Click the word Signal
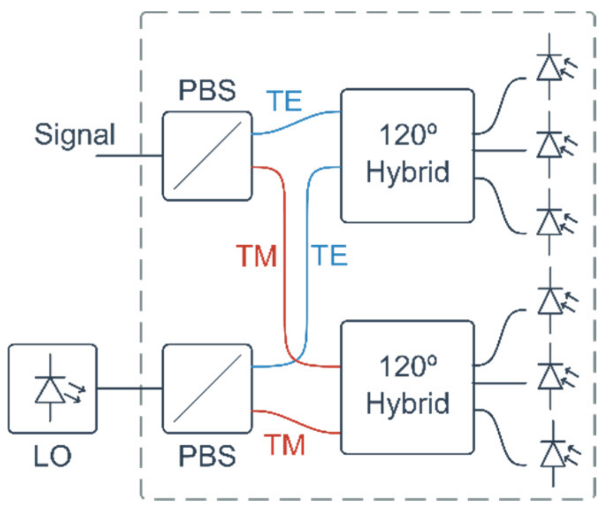pos(74,135)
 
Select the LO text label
pos(52,456)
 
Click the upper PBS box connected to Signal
pos(207,156)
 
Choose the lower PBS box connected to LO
pos(207,389)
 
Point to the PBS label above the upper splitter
pos(207,90)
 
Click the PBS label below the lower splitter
pos(207,456)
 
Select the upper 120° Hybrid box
pos(407,155)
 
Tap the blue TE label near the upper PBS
pos(284,101)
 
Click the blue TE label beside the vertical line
pos(329,256)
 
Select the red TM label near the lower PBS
pos(285,445)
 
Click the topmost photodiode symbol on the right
pos(550,67)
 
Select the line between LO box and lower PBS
pos(129,388)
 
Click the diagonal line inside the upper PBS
pos(207,156)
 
